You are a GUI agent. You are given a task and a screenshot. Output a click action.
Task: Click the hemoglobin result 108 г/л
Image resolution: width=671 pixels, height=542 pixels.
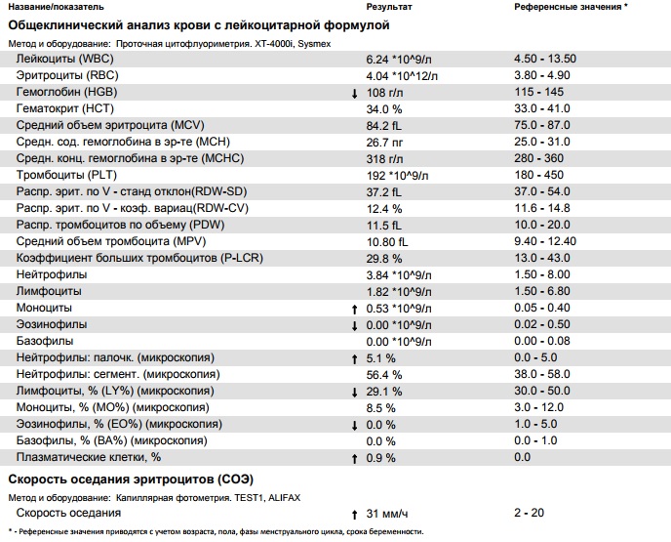click(384, 92)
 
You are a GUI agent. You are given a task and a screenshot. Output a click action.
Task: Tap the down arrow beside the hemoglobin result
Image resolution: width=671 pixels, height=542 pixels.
click(354, 93)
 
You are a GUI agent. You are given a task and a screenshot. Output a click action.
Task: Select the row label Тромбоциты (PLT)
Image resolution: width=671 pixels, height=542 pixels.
click(65, 175)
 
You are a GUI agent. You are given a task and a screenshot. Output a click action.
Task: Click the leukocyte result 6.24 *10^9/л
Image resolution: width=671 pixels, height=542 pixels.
click(400, 59)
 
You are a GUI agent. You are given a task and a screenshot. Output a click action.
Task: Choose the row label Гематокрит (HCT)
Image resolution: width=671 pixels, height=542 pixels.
click(65, 108)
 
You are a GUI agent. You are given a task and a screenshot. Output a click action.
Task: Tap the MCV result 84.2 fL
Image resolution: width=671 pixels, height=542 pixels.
click(384, 125)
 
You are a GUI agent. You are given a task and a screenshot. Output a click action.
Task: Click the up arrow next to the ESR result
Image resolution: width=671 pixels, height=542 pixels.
click(354, 514)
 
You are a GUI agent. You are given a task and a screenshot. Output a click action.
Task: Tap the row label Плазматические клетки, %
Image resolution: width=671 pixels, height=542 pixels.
click(89, 457)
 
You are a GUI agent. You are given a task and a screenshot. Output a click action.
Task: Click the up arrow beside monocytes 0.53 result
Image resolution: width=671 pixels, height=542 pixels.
click(354, 308)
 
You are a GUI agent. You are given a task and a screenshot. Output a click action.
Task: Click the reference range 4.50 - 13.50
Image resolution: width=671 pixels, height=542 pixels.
click(544, 59)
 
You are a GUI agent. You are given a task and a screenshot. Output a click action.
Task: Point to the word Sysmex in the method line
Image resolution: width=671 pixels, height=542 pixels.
click(318, 44)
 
